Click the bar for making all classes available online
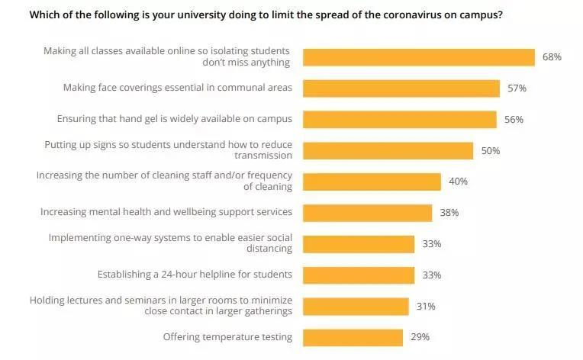418,57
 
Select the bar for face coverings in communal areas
401,88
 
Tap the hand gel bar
399,120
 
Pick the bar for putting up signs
388,151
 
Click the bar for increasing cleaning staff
372,182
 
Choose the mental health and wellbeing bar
367,213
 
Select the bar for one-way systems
359,244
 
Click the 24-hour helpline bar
359,275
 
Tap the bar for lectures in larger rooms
356,306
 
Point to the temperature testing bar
353,337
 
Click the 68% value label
552,57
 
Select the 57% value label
517,88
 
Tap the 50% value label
490,151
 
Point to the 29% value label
420,337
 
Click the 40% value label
458,182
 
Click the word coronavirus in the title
411,14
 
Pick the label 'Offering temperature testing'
227,337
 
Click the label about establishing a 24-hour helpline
195,275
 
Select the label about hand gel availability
175,120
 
